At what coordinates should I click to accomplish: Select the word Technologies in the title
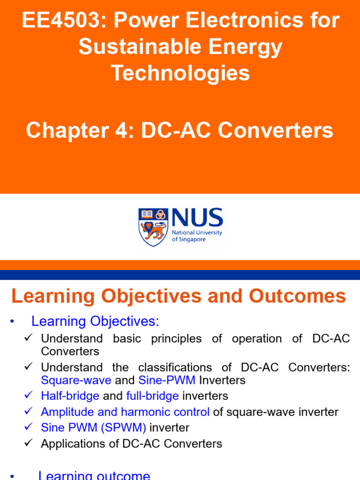pyautogui.click(x=180, y=74)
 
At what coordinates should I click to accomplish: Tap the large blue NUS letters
pyautogui.click(x=197, y=218)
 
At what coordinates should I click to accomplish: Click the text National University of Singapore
pyautogui.click(x=197, y=236)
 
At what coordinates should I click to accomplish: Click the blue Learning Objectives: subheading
pyautogui.click(x=95, y=322)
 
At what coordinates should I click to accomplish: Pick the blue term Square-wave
pyautogui.click(x=76, y=380)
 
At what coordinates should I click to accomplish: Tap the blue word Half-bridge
pyautogui.click(x=70, y=396)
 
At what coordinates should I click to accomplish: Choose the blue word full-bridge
pyautogui.click(x=152, y=396)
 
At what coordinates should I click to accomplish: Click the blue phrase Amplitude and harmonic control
pyautogui.click(x=125, y=412)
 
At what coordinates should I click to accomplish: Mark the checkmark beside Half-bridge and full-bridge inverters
pyautogui.click(x=29, y=396)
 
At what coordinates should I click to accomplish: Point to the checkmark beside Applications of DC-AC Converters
pyautogui.click(x=29, y=443)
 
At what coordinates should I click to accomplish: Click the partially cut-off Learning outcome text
pyautogui.click(x=94, y=475)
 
